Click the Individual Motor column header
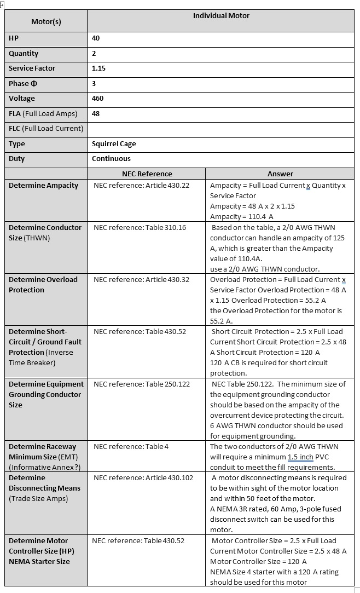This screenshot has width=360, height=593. (x=221, y=16)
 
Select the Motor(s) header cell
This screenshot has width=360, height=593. (x=46, y=22)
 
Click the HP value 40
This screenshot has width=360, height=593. (x=96, y=38)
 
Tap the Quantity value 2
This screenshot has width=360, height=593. (x=94, y=54)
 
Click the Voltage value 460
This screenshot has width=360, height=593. (x=97, y=99)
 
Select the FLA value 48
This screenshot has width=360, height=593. (x=96, y=114)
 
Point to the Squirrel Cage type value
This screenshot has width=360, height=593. (x=114, y=144)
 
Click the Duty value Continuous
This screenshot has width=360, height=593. (x=111, y=159)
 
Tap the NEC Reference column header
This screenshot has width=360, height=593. (x=146, y=174)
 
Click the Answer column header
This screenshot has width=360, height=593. (x=280, y=174)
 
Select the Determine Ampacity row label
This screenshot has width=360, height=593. (x=43, y=185)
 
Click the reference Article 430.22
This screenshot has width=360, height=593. (x=141, y=186)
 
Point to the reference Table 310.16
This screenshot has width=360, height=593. (x=141, y=227)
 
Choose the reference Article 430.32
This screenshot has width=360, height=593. (x=141, y=279)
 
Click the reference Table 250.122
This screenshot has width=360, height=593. (x=143, y=384)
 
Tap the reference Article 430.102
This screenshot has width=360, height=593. (x=143, y=477)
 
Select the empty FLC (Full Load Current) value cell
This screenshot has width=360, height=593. (x=220, y=129)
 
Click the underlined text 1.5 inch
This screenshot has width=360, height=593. (x=302, y=457)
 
